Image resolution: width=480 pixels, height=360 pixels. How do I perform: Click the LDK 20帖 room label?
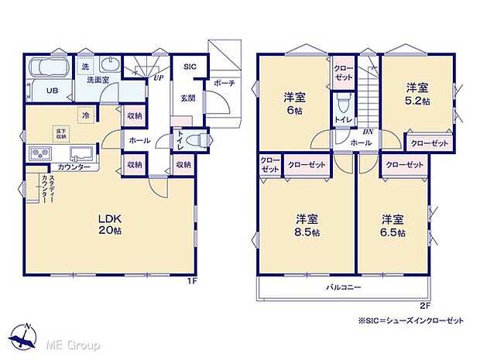[x=109, y=224]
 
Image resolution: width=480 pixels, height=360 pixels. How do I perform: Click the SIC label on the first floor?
[x=190, y=67]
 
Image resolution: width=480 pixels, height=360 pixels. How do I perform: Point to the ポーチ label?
[x=225, y=84]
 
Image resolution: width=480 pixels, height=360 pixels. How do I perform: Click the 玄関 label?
[x=188, y=98]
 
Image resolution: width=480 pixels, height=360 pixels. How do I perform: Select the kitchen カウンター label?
[x=74, y=167]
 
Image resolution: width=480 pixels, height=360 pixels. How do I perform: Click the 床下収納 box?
[x=60, y=132]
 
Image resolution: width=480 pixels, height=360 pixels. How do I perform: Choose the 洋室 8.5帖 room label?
[x=307, y=224]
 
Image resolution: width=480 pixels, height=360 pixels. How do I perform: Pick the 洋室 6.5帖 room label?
[x=393, y=224]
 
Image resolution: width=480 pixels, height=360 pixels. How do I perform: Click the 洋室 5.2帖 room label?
[x=420, y=94]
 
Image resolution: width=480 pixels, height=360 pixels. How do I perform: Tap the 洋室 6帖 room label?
[x=293, y=103]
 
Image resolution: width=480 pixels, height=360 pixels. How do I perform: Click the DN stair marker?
[x=369, y=132]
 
